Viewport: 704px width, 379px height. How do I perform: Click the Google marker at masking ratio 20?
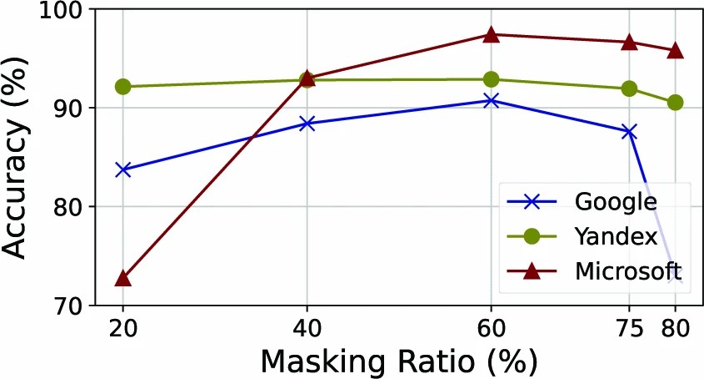[123, 169]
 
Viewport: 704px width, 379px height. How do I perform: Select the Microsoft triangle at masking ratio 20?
[123, 277]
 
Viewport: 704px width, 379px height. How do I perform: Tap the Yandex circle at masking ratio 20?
[123, 87]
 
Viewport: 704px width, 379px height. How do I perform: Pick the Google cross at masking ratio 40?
[307, 124]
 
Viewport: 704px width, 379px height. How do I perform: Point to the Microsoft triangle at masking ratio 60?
[491, 34]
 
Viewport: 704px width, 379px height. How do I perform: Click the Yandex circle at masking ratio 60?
[491, 79]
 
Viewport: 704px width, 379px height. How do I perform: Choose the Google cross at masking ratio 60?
[491, 101]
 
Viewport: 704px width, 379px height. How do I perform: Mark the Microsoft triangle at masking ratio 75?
[629, 42]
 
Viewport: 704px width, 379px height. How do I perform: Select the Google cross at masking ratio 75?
[629, 132]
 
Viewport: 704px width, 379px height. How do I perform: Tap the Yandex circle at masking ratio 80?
[675, 103]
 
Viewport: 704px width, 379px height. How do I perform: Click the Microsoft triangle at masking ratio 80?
[675, 50]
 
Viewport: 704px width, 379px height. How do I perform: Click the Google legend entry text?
[616, 201]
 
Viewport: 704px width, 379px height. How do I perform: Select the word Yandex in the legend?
[616, 236]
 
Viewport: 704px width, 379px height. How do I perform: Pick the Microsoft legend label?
[627, 271]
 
